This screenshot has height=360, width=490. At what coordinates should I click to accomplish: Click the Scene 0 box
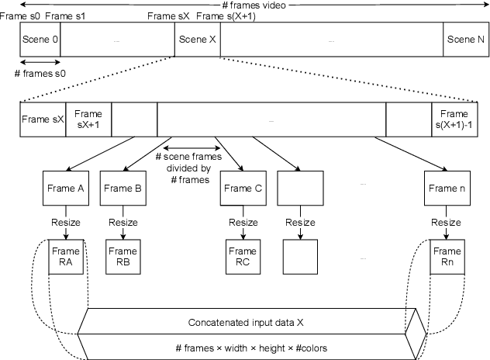(40, 39)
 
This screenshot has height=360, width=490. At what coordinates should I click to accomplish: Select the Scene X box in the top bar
(197, 39)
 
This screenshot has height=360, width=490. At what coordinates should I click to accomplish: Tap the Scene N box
(465, 39)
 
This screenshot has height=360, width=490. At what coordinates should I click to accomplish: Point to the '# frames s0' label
(40, 72)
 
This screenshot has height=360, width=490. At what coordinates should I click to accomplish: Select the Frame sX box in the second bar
(43, 119)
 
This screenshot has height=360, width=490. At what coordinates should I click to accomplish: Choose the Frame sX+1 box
(88, 119)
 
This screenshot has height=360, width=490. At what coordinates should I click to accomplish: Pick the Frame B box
(123, 188)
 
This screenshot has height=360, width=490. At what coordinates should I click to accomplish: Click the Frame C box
(241, 188)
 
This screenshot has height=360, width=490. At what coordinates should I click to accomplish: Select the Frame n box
(446, 188)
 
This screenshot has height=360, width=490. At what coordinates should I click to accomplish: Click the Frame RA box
(65, 256)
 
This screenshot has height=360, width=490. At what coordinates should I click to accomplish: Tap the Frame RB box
(123, 256)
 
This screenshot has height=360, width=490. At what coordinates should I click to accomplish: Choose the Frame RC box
(241, 256)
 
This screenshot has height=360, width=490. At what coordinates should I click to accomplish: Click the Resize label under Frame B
(123, 222)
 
